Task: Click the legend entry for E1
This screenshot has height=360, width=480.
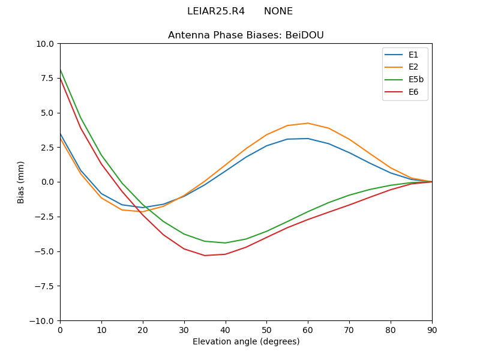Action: click(413, 55)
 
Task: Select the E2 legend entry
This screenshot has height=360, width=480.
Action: click(413, 67)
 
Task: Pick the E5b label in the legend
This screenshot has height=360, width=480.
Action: click(416, 79)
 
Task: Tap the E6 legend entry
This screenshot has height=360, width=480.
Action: click(413, 92)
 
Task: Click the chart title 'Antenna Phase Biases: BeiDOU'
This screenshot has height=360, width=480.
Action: click(246, 35)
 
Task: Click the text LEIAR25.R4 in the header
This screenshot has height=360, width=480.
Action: click(216, 11)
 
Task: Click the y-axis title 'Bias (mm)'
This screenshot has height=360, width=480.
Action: click(21, 182)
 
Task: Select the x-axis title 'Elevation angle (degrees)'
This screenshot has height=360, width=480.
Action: click(246, 341)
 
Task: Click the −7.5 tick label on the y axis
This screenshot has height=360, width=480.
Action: click(43, 286)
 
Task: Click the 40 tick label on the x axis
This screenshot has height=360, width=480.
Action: click(226, 329)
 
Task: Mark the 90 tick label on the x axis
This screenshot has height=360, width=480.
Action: click(432, 329)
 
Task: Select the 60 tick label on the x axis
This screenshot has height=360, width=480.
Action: click(308, 329)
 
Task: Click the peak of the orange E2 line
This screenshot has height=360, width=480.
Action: click(308, 123)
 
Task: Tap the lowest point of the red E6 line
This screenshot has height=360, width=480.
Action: click(205, 256)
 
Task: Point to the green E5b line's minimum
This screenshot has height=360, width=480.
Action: click(226, 243)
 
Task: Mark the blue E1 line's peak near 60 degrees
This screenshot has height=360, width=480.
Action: click(308, 139)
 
